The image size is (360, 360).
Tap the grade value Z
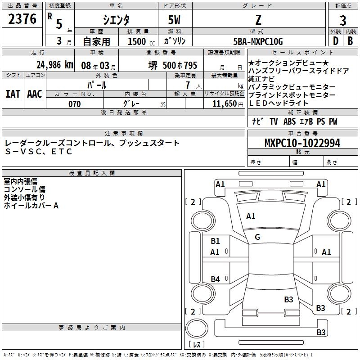pyautogui.click(x=258, y=20)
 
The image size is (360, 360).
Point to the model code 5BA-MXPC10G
pyautogui.click(x=258, y=41)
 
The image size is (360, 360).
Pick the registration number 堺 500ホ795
pyautogui.click(x=173, y=65)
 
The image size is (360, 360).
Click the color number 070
pyautogui.click(x=74, y=104)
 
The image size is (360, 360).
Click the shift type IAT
pyautogui.click(x=13, y=94)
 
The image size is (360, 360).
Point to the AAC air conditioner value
pyautogui.click(x=34, y=94)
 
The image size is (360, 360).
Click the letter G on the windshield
pyautogui.click(x=257, y=237)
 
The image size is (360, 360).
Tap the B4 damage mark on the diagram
pyautogui.click(x=215, y=279)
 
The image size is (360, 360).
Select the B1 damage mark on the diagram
pyautogui.click(x=215, y=241)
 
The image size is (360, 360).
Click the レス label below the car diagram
pyautogui.click(x=197, y=345)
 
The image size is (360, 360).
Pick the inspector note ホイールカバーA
pyautogui.click(x=31, y=206)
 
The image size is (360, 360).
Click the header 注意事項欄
pyautogui.click(x=124, y=134)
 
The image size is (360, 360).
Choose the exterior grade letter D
pyautogui.click(x=335, y=41)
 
